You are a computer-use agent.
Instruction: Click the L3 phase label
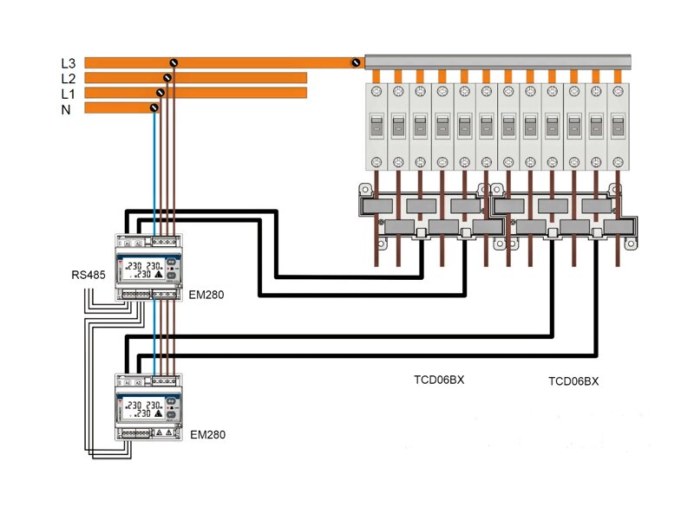69,63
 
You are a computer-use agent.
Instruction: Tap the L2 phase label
69,78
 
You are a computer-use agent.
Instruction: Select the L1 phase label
69,93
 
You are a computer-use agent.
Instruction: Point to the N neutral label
66,108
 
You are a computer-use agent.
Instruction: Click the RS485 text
89,276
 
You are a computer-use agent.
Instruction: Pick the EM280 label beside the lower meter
206,434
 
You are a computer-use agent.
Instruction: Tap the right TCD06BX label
573,381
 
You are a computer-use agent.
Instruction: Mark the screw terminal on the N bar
154,107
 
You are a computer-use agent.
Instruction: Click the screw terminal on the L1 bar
160,92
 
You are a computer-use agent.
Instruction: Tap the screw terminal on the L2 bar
167,78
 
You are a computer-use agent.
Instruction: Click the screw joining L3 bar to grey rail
355,62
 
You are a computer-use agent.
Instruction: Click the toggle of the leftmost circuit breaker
376,127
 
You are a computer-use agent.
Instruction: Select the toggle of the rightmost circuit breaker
617,127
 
